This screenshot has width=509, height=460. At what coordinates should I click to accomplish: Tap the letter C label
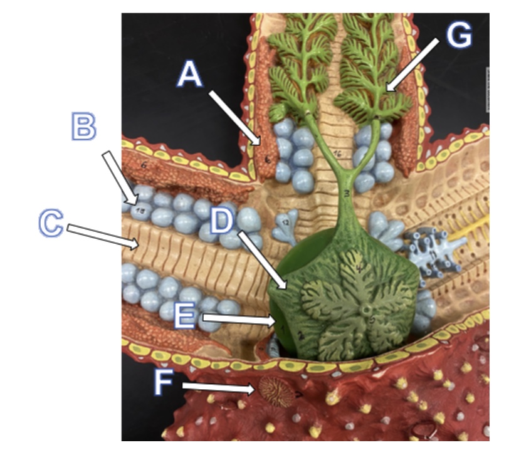pos(51,222)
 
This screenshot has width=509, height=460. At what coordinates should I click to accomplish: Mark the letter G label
pos(459,37)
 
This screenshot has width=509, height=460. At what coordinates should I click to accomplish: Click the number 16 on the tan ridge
pos(337,152)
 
